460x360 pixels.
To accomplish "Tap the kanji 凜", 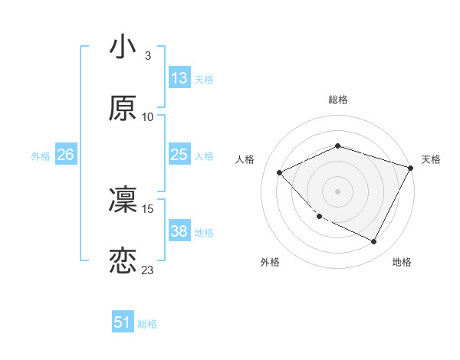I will click(x=123, y=200).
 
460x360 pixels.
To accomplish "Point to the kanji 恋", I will click(x=123, y=261).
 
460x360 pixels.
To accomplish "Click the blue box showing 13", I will click(x=179, y=78).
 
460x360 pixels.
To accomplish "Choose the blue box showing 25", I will click(x=179, y=155).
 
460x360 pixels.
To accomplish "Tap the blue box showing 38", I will click(x=179, y=231).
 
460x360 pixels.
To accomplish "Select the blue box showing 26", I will click(x=65, y=155).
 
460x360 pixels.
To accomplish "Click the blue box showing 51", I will click(x=123, y=322).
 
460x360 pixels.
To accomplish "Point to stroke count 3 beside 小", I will click(x=147, y=56).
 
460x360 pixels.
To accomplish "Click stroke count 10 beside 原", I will click(x=148, y=117).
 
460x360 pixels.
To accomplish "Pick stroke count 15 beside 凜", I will click(x=148, y=208).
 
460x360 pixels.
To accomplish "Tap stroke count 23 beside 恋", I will click(x=148, y=270).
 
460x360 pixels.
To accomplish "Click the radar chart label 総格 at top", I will click(x=337, y=100).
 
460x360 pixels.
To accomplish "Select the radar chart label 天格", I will click(x=431, y=159).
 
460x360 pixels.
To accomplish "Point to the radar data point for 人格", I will click(x=280, y=173).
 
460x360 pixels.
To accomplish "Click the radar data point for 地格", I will click(x=373, y=242).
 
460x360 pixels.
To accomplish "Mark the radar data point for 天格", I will click(x=411, y=169).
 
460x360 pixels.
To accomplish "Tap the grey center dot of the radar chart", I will click(x=337, y=191).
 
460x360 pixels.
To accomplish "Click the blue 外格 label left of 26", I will click(x=41, y=155).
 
